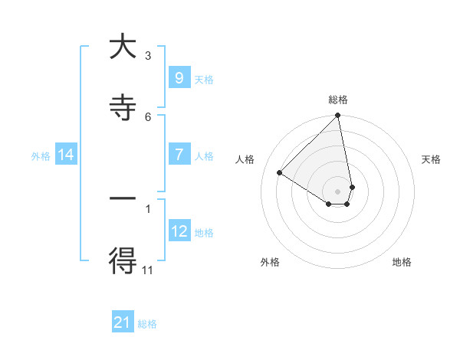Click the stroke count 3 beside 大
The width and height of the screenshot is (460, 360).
click(148, 55)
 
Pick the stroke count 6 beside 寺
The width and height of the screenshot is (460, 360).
click(148, 116)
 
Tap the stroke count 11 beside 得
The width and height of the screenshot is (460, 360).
click(148, 269)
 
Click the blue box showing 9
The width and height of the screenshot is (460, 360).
click(179, 78)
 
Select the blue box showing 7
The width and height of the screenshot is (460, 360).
click(179, 155)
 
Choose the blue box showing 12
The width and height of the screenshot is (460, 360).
click(179, 231)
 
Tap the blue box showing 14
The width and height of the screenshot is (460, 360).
click(66, 155)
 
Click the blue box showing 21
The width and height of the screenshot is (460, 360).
click(123, 322)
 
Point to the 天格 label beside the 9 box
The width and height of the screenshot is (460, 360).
click(204, 80)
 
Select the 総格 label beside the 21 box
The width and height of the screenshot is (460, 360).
click(147, 324)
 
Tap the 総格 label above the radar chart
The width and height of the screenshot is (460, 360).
click(337, 100)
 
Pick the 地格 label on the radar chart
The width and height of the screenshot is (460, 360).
click(402, 262)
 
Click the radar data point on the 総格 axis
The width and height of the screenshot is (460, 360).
click(337, 116)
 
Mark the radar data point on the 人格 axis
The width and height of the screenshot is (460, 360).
click(280, 173)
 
